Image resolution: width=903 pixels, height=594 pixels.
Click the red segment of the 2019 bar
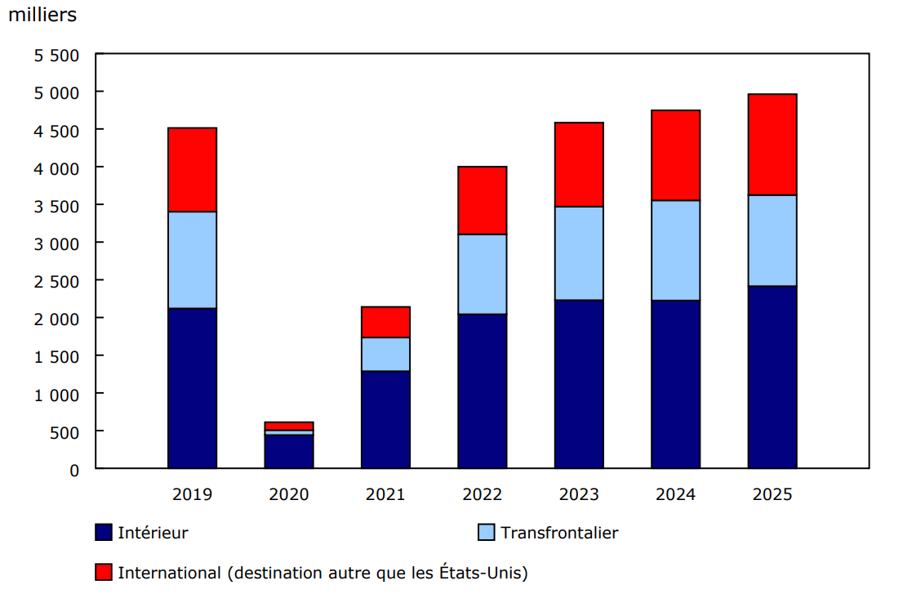(192, 170)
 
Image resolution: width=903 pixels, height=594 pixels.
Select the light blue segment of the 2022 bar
(482, 274)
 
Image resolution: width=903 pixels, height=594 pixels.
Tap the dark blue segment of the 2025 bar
(772, 377)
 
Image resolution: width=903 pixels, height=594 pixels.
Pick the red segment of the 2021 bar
(385, 322)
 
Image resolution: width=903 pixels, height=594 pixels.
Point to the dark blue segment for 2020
(289, 451)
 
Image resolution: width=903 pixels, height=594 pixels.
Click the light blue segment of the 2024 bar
(675, 250)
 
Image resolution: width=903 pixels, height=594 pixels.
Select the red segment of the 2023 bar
(579, 164)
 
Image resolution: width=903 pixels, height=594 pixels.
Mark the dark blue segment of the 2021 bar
(385, 419)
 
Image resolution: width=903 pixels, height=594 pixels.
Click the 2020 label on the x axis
(289, 495)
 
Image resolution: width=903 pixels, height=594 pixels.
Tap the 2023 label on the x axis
(579, 495)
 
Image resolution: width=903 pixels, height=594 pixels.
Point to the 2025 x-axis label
(772, 495)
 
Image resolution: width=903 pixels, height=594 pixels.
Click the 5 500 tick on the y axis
(56, 56)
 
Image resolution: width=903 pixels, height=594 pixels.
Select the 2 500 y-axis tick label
(56, 281)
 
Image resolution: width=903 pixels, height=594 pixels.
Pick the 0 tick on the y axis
(74, 470)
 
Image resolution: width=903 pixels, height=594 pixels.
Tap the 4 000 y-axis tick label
(56, 168)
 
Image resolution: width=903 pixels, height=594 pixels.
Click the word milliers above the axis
(42, 16)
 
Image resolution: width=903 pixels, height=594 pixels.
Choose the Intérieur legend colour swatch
(104, 533)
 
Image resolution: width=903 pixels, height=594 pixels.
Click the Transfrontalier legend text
(559, 533)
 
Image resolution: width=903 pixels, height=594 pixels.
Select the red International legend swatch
(104, 572)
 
